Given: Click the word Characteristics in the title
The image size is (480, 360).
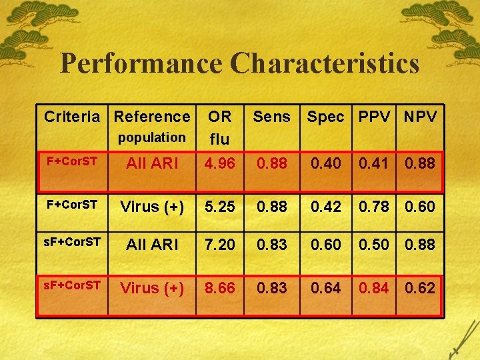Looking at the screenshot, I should tap(325, 63).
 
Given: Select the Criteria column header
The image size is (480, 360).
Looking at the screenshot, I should tap(73, 117).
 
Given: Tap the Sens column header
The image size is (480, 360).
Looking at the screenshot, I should tap(272, 117).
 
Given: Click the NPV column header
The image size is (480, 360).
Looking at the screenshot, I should tap(420, 117).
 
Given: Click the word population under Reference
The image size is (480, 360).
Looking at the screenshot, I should tap(152, 137).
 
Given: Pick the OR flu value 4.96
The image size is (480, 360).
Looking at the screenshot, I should tap(219, 163).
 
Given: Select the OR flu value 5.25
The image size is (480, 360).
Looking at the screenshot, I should tap(219, 207).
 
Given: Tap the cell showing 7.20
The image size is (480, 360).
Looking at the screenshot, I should tap(219, 245).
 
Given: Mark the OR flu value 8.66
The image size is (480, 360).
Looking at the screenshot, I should tap(219, 288).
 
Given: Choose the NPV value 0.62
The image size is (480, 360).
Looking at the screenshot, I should tap(420, 288).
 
